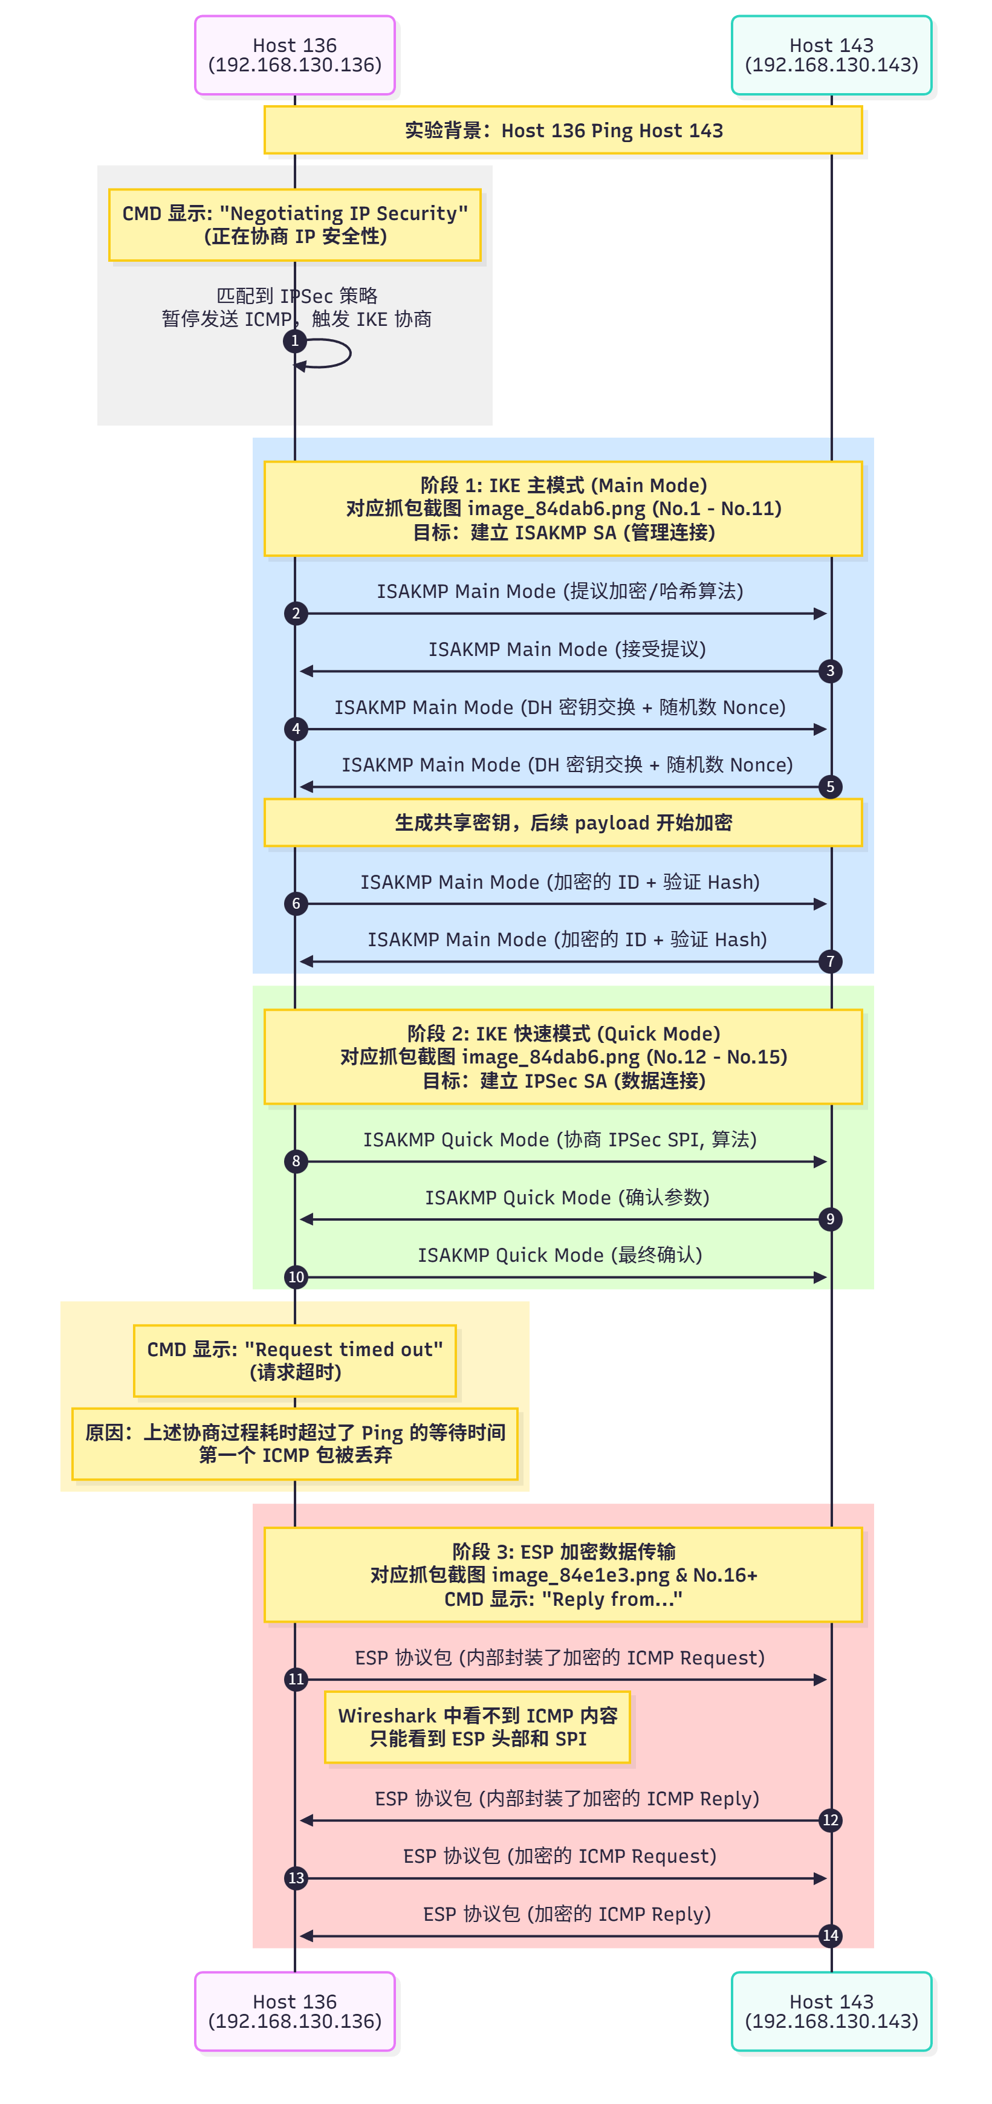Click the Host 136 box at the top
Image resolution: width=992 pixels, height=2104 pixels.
click(x=295, y=55)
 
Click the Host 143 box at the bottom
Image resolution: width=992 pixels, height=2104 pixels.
click(x=831, y=2010)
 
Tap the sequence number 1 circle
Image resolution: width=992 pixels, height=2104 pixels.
click(x=295, y=340)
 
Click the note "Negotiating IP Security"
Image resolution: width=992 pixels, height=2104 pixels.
click(x=295, y=225)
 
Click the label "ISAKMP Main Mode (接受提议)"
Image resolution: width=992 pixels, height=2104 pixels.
click(x=566, y=649)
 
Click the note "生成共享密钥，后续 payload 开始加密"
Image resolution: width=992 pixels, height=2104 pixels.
click(x=563, y=822)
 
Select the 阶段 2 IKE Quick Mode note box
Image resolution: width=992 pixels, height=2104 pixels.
click(x=563, y=1056)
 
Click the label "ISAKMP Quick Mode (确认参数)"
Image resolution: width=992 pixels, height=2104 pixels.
click(x=566, y=1197)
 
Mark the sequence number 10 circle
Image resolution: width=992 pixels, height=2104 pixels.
click(x=296, y=1277)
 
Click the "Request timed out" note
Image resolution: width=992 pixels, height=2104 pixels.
click(x=295, y=1361)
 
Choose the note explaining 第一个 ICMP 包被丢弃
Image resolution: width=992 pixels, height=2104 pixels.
click(x=295, y=1443)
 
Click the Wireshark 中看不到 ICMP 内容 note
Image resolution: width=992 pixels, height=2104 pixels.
click(x=478, y=1727)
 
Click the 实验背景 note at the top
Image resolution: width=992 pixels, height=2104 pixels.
click(x=563, y=131)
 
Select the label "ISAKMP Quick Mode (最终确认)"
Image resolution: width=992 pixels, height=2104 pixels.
click(x=560, y=1255)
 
